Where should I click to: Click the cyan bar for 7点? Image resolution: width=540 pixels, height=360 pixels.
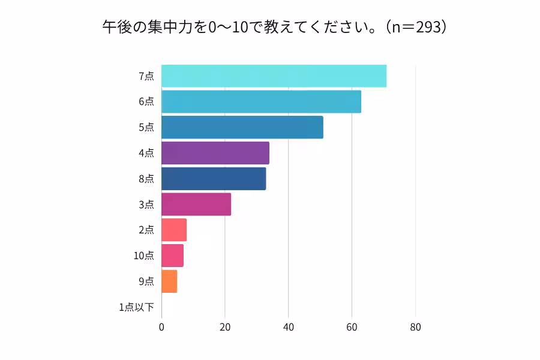point(274,76)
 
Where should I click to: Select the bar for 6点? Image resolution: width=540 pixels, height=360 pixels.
point(261,101)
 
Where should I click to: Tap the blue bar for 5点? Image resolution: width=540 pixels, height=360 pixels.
point(242,127)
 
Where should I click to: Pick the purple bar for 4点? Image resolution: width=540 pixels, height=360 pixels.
point(215,153)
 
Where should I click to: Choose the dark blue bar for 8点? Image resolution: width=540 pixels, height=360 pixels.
point(213,179)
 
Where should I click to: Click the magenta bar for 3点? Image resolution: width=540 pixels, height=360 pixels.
point(196,204)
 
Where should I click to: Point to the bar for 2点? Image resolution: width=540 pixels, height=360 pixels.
point(173,230)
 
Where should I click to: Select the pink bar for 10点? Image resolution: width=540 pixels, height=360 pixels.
point(172,256)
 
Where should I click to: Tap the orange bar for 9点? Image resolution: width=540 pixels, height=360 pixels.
point(169,281)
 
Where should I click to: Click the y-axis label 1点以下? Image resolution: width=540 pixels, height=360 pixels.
point(136,307)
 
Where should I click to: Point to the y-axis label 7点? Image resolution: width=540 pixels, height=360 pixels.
point(146,76)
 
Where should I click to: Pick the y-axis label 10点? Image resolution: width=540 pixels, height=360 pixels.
point(143,256)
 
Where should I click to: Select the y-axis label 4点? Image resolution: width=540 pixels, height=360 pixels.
point(146,153)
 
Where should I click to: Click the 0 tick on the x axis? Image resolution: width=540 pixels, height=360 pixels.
point(161,328)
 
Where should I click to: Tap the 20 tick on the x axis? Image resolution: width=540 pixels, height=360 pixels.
point(225,328)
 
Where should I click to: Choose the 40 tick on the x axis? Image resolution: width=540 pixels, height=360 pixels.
point(289,328)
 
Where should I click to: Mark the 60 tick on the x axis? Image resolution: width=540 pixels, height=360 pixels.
point(352,328)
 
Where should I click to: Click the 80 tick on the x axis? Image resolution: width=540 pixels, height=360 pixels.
point(415,328)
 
